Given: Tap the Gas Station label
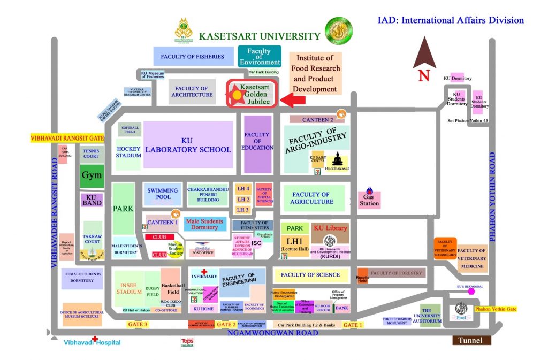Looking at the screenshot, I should point(369,200).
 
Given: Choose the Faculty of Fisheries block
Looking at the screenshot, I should point(193,56).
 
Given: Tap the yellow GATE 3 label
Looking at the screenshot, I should point(137,324).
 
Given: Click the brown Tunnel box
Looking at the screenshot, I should point(470,341).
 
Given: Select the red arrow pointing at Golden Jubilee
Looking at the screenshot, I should point(292,99).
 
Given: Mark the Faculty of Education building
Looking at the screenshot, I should point(257,144).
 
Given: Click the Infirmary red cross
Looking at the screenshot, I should point(204,271).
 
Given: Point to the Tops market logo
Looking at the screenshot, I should point(187,342).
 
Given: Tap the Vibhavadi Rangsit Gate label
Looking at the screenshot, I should point(67,138).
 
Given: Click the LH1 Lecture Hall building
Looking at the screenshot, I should point(295,244).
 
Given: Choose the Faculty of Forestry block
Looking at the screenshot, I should point(397,273).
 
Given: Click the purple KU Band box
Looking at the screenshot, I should point(92,200).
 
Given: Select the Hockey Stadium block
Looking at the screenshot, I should point(128,152).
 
